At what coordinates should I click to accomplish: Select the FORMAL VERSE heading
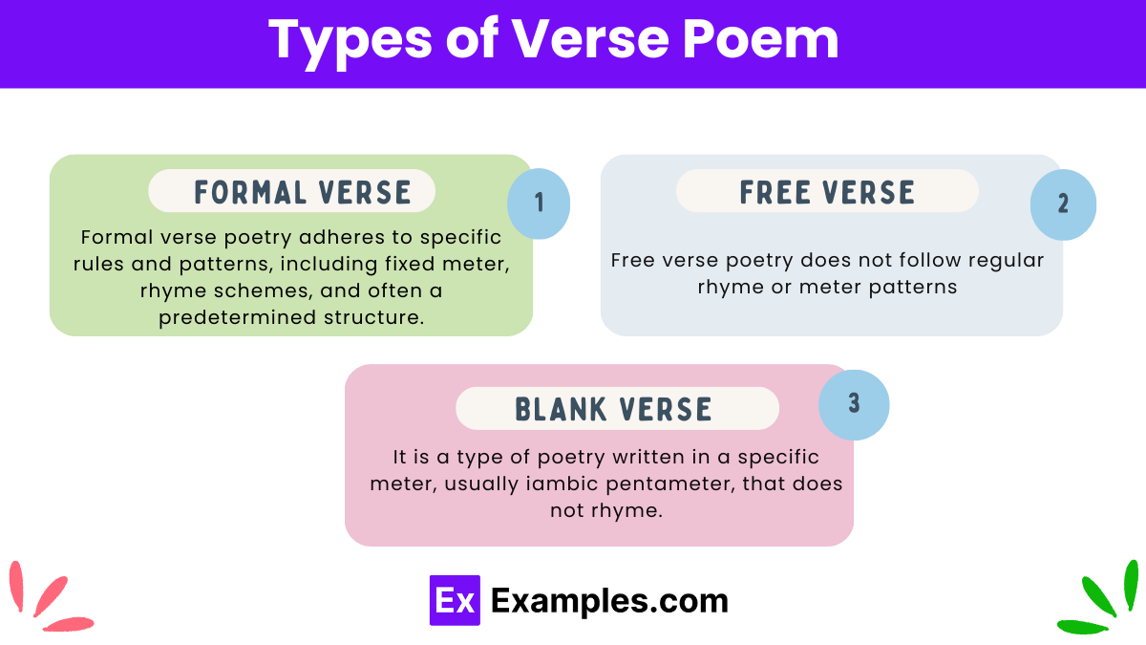pos(303,192)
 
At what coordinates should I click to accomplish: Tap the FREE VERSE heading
pos(827,192)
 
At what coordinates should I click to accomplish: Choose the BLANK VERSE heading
pos(613,409)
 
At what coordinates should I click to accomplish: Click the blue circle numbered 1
pos(539,203)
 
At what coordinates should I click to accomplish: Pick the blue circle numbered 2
pos(1063,204)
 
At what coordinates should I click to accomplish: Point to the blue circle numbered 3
pos(854,404)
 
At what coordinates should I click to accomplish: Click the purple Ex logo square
pos(455,600)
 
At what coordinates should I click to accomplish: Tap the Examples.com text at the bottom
pos(609,600)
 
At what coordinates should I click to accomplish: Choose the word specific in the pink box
pos(776,457)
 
